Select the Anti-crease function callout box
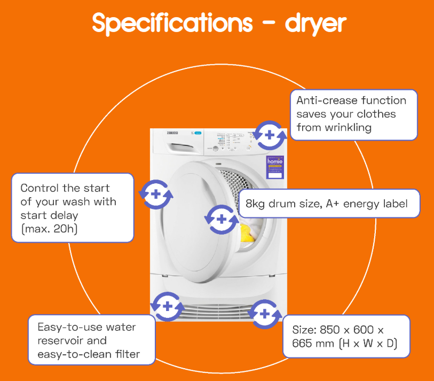coord(353,114)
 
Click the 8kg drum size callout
coord(329,203)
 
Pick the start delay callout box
coord(72,208)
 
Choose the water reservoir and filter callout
coord(91,340)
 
